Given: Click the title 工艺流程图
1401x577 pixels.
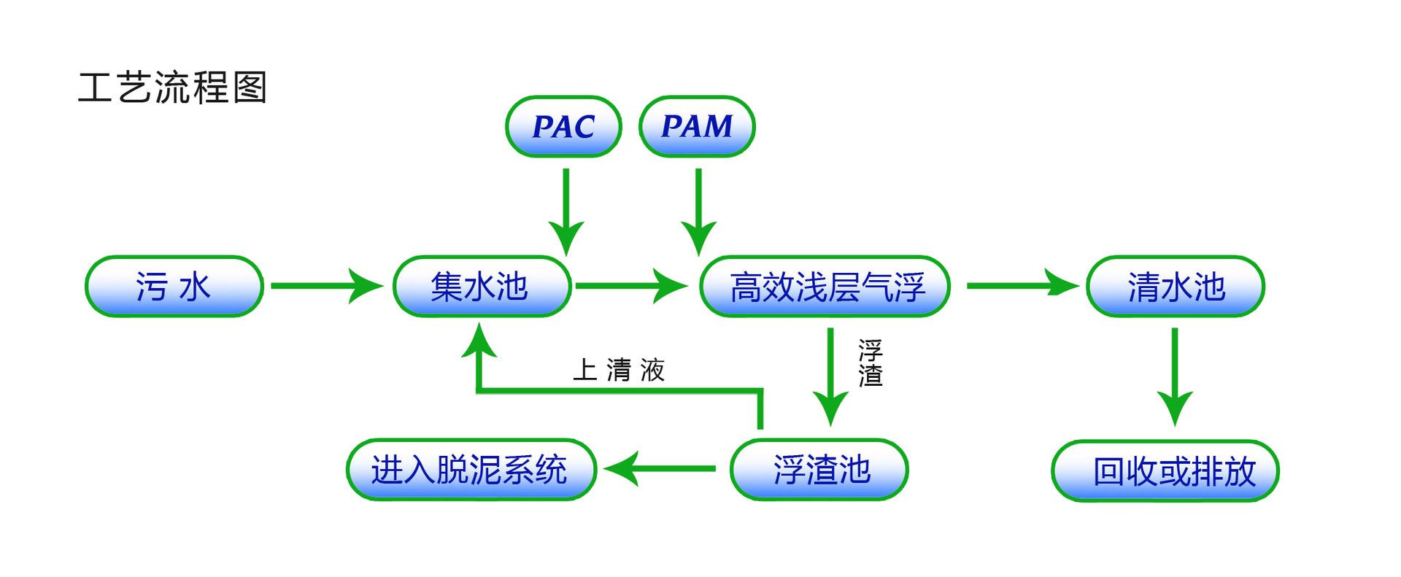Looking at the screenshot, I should (173, 88).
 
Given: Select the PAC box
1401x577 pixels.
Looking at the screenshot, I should (563, 127).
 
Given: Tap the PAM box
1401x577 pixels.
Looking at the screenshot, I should (697, 127).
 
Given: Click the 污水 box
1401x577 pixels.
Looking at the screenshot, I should (174, 286).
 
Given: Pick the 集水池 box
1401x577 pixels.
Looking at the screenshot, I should (482, 286).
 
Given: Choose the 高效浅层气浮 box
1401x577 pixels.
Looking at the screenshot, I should (825, 286).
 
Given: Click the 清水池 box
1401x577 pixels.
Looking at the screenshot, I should (1176, 286).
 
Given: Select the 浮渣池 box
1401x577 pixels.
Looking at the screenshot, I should (819, 469).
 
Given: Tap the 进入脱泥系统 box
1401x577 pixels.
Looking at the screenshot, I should (471, 469).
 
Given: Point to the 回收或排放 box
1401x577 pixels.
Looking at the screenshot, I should (1165, 470).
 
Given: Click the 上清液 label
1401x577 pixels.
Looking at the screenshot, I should (619, 370).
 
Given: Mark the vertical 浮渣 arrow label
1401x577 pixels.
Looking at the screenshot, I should (871, 363).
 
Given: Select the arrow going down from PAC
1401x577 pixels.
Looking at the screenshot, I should (566, 211).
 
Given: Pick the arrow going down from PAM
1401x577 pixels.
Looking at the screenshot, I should (698, 211).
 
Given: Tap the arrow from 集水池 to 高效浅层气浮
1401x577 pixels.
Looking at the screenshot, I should (630, 286).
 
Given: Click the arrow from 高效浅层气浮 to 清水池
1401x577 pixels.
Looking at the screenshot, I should (1022, 284).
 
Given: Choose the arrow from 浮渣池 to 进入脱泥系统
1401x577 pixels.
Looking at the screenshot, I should (660, 468).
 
